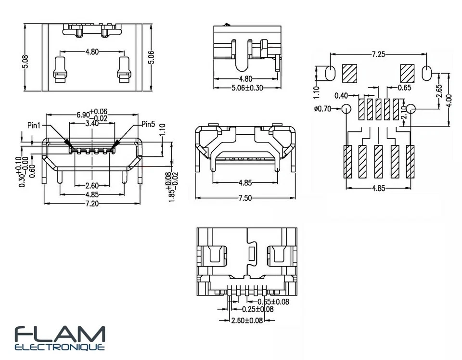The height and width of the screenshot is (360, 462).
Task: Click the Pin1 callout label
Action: pos(34,125)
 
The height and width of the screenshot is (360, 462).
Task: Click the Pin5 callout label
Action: pos(148,124)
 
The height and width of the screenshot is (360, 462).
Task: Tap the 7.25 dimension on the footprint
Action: pos(378,54)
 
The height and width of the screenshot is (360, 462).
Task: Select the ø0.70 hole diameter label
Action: pos(322,109)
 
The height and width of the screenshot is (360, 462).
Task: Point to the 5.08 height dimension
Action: pos(26,62)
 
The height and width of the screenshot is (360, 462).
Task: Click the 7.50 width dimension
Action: pos(245,198)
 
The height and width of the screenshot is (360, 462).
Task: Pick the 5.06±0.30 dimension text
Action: pos(247,88)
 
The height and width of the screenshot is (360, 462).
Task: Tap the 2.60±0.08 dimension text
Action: pos(247,320)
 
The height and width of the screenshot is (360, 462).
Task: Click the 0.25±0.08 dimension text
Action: pos(258,309)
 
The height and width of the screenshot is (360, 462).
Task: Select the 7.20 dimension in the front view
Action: pos(92,204)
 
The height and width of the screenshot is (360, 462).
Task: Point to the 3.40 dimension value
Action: pos(92,123)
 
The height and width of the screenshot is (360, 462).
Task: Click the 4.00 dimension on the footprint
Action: pos(449,101)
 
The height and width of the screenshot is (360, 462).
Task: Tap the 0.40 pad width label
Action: pos(341,96)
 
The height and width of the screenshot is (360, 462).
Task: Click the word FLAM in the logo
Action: pos(60,334)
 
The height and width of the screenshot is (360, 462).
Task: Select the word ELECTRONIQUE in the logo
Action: pos(60,347)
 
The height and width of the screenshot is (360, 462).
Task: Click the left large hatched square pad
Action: pos(349,73)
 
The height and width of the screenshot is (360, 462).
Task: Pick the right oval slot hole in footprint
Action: pos(427,73)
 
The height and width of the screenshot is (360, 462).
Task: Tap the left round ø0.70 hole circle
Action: pos(346,109)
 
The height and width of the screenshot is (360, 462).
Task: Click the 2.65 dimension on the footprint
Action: pos(439,91)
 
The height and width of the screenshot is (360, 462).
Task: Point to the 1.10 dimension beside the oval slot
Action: pos(317,92)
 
